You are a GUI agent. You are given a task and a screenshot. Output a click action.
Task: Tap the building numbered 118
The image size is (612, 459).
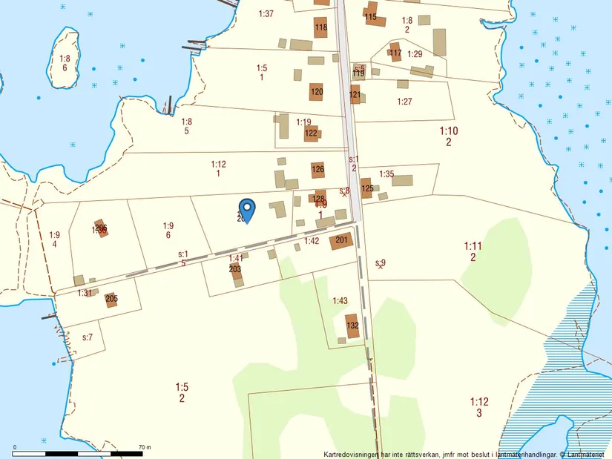(320, 27)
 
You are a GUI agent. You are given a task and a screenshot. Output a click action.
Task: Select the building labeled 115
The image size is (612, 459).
(372, 16)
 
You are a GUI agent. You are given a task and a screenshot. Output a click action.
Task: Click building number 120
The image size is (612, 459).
(317, 92)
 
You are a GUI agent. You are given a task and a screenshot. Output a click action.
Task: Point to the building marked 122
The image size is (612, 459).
(312, 133)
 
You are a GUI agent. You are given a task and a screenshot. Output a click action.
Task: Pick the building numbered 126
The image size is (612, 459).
(317, 170)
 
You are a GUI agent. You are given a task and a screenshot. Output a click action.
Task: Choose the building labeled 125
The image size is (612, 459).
(366, 188)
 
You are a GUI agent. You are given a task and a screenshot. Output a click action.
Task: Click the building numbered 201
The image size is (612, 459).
(341, 240)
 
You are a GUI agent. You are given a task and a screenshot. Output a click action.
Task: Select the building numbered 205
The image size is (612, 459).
(111, 299)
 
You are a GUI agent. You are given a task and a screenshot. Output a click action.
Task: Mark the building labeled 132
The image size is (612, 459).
(353, 326)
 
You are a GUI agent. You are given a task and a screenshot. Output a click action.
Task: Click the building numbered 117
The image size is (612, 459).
(395, 53)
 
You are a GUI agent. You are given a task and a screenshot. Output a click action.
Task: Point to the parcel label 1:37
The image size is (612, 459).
(266, 14)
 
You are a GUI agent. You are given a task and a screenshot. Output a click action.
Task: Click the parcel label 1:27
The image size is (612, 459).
(404, 102)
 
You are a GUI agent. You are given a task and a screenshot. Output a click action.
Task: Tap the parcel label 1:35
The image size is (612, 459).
(386, 174)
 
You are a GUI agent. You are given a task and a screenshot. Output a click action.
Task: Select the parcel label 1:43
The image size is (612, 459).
(340, 300)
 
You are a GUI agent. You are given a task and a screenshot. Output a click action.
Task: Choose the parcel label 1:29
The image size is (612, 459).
(415, 54)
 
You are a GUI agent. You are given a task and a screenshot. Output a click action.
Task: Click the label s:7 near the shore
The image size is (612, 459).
(87, 337)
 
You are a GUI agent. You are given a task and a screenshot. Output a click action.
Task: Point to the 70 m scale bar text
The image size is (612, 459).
(145, 448)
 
